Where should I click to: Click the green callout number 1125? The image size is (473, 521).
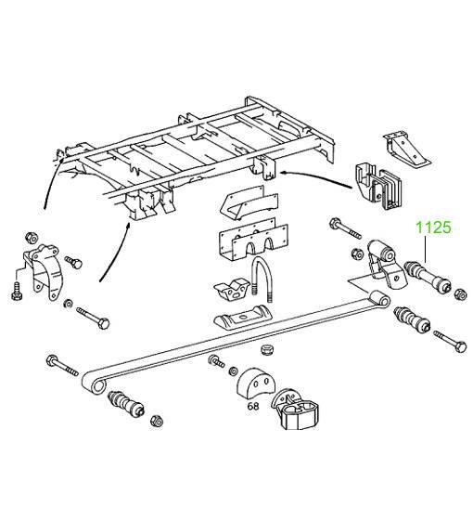[433, 228]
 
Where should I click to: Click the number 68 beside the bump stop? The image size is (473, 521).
[253, 406]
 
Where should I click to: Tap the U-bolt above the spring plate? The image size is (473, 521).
[262, 279]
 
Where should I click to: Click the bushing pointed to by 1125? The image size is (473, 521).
[428, 276]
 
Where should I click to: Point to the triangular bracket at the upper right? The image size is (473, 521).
[406, 149]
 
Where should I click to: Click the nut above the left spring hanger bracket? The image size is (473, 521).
[32, 237]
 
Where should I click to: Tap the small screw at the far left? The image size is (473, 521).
[17, 292]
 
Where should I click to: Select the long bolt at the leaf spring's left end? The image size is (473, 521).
[63, 366]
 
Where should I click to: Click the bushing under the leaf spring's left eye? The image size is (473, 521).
[126, 403]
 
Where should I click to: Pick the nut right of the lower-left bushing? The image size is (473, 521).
[156, 421]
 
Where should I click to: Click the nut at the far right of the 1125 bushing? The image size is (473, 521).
[460, 294]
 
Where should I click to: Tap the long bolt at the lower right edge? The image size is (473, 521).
[450, 341]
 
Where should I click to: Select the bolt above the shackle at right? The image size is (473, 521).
[346, 228]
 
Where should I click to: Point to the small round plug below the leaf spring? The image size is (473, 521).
[266, 349]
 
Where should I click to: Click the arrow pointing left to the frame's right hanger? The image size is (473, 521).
[316, 177]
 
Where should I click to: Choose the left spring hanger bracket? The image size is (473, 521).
[44, 270]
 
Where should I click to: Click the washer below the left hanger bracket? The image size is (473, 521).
[69, 303]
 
